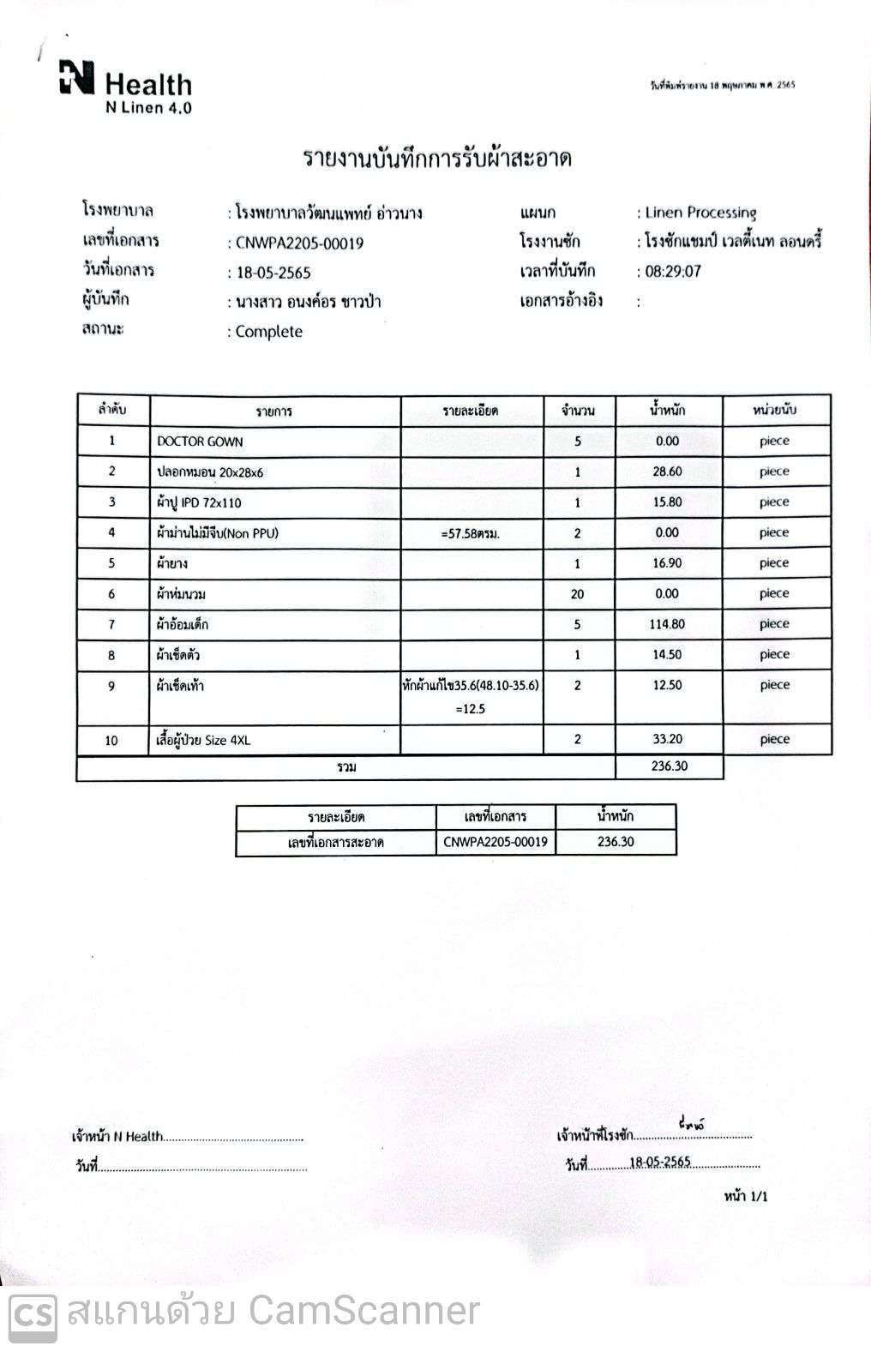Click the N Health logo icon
[77, 77]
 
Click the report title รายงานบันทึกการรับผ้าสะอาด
[437, 159]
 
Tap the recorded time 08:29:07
[673, 272]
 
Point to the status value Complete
[268, 332]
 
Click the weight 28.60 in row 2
[667, 472]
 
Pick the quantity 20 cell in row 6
[577, 594]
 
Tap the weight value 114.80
[667, 624]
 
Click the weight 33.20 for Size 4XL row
[667, 739]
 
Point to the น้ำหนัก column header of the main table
[667, 410]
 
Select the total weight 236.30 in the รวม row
[669, 766]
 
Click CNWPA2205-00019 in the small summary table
[496, 842]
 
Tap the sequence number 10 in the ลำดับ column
[111, 740]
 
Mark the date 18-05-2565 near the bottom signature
[660, 1163]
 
